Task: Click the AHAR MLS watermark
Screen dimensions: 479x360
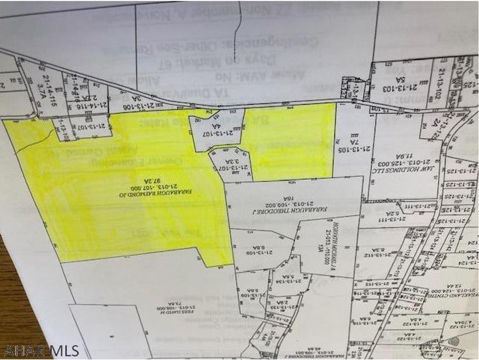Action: [x=41, y=350]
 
